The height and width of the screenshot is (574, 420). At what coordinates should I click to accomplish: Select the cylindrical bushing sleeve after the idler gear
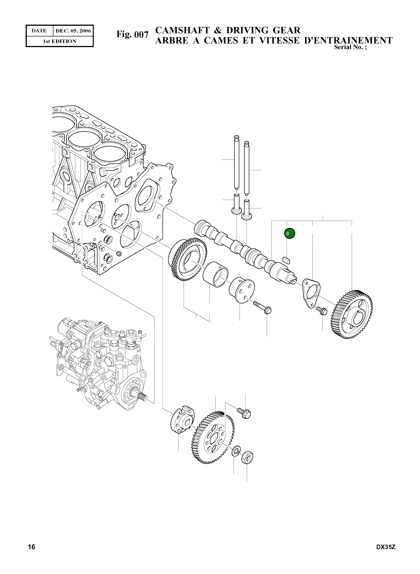coord(215,274)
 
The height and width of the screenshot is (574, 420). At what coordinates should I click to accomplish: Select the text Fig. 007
coord(132,34)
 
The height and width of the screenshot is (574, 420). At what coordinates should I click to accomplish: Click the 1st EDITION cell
coord(60,41)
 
